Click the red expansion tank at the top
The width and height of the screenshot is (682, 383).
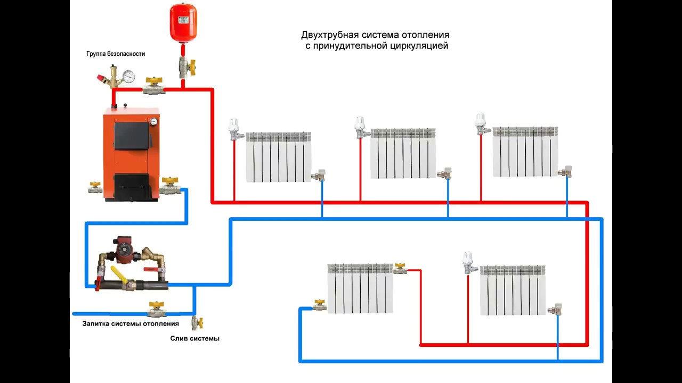click(183, 23)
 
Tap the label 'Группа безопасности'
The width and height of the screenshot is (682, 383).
click(116, 54)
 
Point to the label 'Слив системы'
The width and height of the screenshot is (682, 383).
click(194, 338)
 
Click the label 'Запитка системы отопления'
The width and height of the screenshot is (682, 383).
click(131, 323)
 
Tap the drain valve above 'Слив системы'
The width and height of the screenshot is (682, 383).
click(198, 322)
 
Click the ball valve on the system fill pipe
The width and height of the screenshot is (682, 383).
click(156, 310)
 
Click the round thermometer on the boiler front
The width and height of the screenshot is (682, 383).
click(153, 121)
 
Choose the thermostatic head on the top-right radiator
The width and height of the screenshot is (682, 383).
click(481, 122)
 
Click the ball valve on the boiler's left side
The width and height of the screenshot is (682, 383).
click(95, 187)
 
